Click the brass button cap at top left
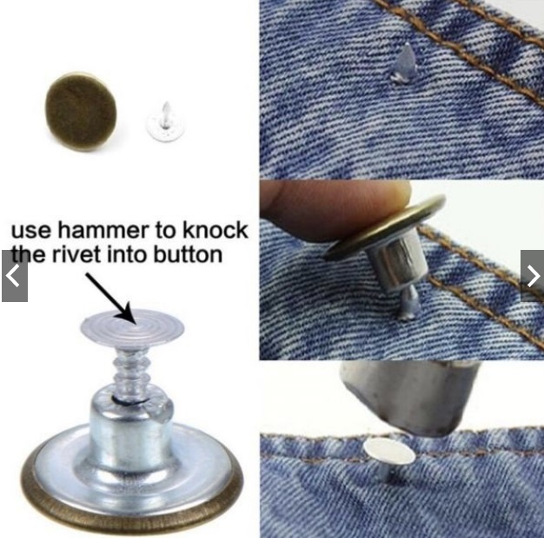click(81, 111)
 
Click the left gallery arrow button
click(15, 276)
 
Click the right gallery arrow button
click(532, 276)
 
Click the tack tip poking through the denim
click(403, 63)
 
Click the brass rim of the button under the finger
click(385, 229)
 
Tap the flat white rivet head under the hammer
click(389, 450)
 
